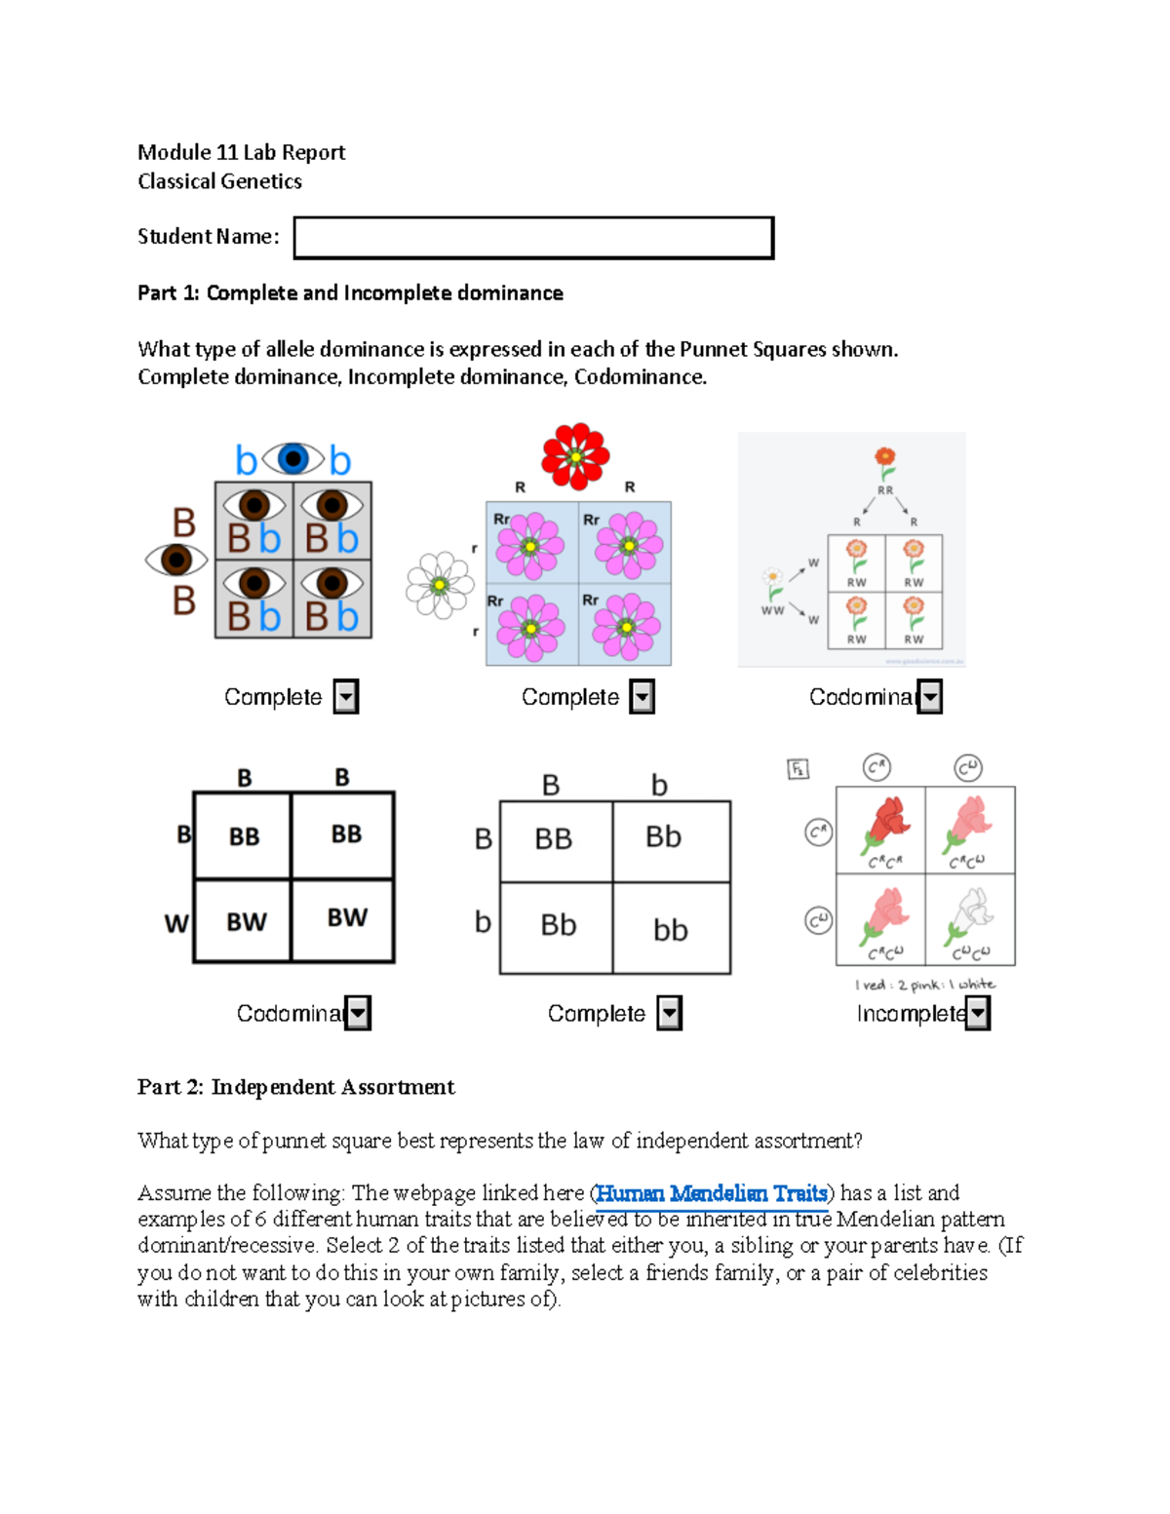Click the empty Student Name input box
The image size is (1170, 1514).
tap(533, 238)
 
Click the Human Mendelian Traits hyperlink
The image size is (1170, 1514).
tap(712, 1193)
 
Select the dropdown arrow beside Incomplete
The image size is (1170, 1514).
tap(978, 1014)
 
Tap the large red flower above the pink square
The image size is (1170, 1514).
tap(575, 455)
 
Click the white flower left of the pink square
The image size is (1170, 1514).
tap(440, 585)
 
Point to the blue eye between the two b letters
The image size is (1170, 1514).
tap(292, 458)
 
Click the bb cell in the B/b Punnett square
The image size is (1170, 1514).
tap(671, 929)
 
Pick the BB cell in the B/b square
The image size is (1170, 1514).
tap(554, 838)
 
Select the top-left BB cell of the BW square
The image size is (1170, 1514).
tap(244, 836)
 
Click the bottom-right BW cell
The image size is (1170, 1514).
tap(347, 918)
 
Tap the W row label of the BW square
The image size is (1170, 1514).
tap(176, 923)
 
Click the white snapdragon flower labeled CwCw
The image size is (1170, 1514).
tap(970, 916)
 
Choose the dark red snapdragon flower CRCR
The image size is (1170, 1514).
tap(885, 825)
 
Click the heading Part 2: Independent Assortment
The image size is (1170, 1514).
tap(295, 1087)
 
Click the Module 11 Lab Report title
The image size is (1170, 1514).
tap(241, 152)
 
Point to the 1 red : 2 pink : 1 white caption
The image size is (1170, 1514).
tap(924, 985)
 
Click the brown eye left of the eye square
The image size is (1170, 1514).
tap(176, 560)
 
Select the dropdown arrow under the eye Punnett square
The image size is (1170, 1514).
tap(346, 697)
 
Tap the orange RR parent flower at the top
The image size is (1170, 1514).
tap(884, 458)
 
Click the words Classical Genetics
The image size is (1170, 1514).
tap(219, 181)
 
